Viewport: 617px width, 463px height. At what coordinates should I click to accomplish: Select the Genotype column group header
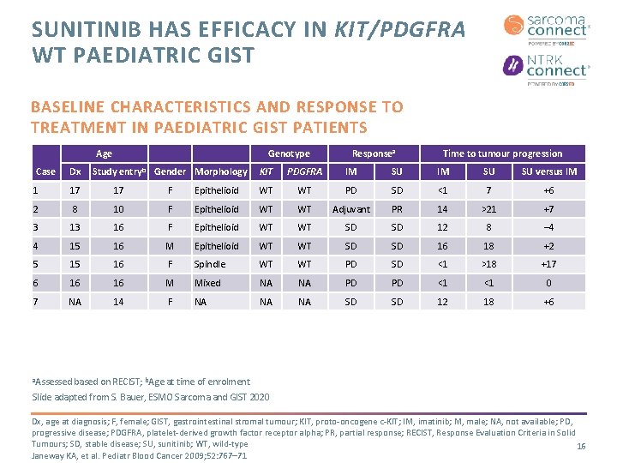point(289,153)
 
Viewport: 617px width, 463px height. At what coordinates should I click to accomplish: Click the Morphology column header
point(221,171)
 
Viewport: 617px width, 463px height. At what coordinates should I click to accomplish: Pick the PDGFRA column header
point(304,171)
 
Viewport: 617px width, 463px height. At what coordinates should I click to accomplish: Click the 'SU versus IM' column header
point(548,171)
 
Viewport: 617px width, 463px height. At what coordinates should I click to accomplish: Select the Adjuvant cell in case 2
point(351,209)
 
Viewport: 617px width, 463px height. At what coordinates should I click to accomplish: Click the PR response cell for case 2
point(397,209)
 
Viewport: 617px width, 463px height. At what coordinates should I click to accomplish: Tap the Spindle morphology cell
point(209,264)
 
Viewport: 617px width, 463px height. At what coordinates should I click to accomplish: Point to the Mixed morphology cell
point(207,283)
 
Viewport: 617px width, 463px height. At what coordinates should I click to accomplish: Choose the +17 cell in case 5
point(548,264)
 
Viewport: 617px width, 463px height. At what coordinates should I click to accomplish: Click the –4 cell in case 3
point(548,227)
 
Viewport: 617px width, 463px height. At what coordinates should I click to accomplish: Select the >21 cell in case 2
point(488,209)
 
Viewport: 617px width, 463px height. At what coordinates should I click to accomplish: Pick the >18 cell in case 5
point(488,264)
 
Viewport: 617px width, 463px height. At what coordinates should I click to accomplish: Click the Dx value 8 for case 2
point(75,209)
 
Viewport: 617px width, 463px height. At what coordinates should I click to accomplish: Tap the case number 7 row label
point(35,302)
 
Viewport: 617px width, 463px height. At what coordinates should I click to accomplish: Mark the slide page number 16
point(580,447)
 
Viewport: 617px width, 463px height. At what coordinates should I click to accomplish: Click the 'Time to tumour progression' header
point(502,153)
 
